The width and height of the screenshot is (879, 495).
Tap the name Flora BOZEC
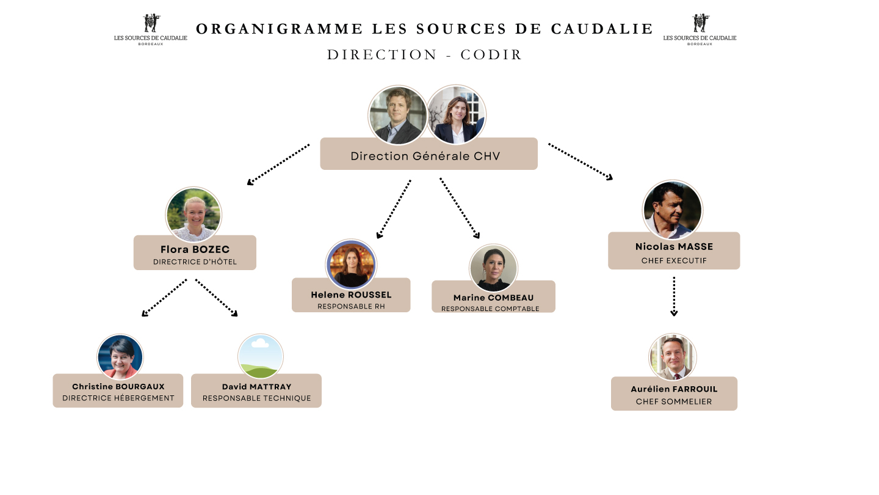(x=195, y=249)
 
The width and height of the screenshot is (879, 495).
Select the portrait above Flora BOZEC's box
(x=194, y=215)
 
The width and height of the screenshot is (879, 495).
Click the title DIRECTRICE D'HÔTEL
(x=195, y=262)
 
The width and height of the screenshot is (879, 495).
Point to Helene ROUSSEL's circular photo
(x=351, y=265)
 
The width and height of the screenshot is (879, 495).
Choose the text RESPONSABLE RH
(x=351, y=306)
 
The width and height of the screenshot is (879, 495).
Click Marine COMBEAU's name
(x=493, y=298)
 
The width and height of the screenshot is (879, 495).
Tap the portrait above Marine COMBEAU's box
(x=493, y=268)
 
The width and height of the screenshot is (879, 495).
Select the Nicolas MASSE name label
(x=674, y=247)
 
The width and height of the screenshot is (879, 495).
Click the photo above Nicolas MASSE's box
(x=673, y=210)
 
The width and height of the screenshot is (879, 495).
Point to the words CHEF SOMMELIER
(x=674, y=402)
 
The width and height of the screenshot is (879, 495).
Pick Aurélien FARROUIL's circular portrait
(x=673, y=357)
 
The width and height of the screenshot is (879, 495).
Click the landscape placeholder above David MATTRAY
(x=261, y=357)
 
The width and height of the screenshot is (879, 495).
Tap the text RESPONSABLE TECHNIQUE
(x=256, y=398)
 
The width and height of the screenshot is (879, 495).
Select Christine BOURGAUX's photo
(x=120, y=357)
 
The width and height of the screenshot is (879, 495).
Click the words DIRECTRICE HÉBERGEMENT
(x=118, y=398)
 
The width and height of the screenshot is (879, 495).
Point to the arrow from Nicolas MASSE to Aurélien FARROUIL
(x=674, y=296)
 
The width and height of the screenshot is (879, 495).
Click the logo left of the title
(x=151, y=29)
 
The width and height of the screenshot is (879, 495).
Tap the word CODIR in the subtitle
(x=491, y=55)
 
